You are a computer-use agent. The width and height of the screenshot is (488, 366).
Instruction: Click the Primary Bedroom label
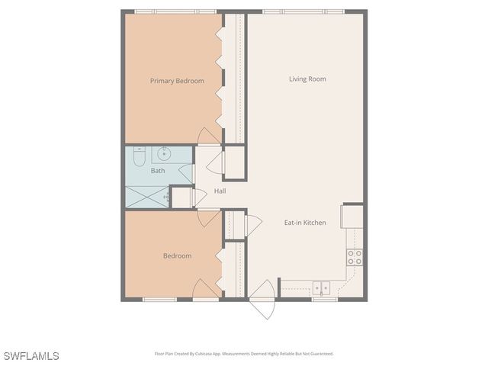pos(177,80)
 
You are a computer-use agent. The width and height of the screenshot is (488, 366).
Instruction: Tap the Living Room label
pos(307,79)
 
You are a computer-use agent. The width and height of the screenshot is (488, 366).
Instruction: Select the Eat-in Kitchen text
pos(305,223)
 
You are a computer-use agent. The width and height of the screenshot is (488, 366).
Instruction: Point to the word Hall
pos(220,191)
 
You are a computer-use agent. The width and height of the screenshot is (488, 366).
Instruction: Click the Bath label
pos(157,171)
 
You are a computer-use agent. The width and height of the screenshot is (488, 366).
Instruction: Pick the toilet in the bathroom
pos(138,156)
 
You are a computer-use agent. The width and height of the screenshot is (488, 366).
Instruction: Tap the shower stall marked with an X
pos(146,195)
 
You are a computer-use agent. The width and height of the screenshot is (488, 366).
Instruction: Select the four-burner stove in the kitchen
pos(355,257)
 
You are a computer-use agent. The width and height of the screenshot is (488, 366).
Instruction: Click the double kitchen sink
pos(322,287)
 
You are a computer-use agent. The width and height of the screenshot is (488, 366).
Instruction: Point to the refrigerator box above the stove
pos(352,216)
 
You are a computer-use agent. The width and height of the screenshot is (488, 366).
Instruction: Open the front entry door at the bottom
pos(262,300)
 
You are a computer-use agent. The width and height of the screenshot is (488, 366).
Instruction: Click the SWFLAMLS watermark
pos(31,356)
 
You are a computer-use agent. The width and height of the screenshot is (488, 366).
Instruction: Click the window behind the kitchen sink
pos(323,299)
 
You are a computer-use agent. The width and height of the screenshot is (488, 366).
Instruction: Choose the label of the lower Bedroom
pos(177,255)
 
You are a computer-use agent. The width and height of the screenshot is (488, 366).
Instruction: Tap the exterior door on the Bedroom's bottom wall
pos(206,291)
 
